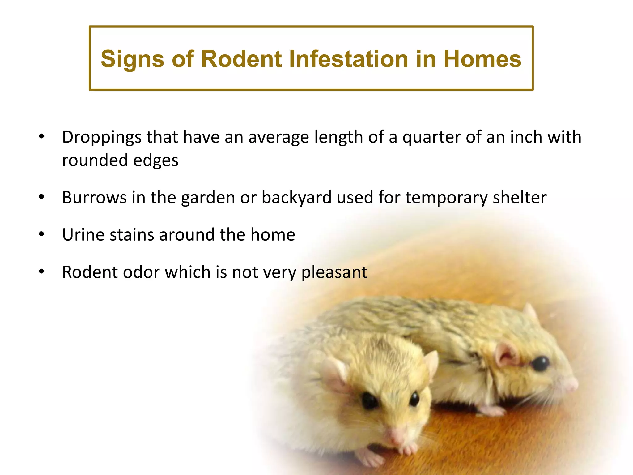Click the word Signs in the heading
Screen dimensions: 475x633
[x=132, y=59]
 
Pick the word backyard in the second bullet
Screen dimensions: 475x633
[x=296, y=198]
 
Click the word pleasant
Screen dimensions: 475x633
[x=334, y=273]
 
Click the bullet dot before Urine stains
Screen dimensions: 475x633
[x=42, y=234]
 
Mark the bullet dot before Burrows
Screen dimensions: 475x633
[x=42, y=197]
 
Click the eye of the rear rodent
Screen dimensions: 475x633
[x=541, y=364]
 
